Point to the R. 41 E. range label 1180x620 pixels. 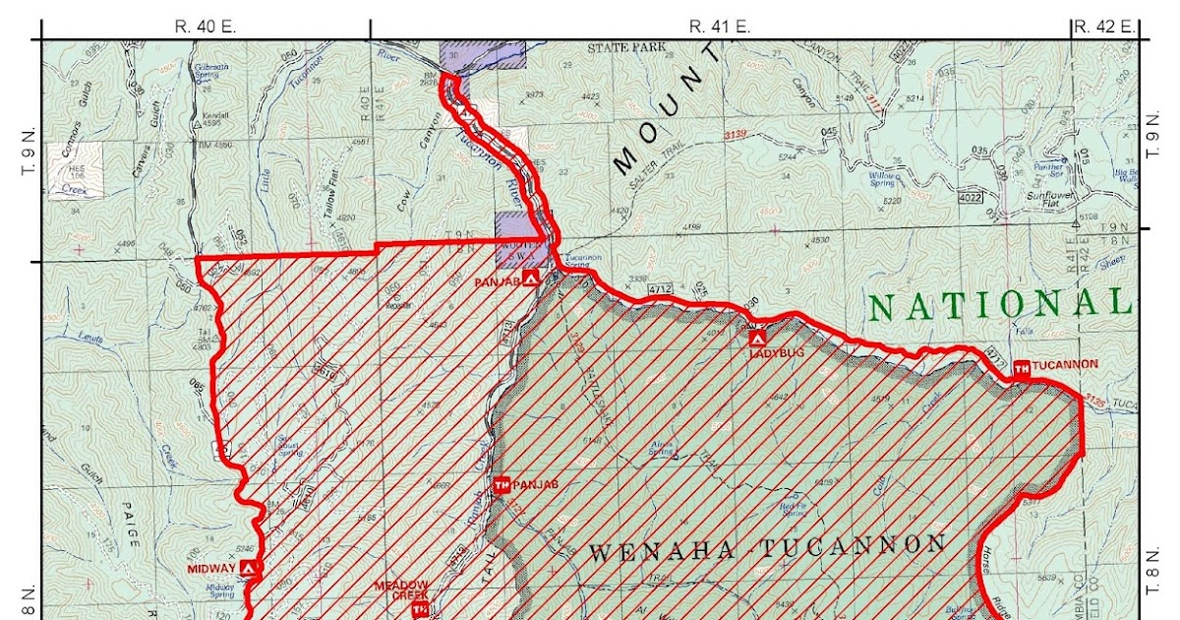point(720,27)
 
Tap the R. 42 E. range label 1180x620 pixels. point(1104,27)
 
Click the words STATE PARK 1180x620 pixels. point(627,46)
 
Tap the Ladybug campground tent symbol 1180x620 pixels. point(756,338)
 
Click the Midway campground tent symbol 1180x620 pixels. point(249,568)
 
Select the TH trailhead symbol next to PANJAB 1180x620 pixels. point(501,484)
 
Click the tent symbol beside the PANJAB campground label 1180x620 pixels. point(531,279)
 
